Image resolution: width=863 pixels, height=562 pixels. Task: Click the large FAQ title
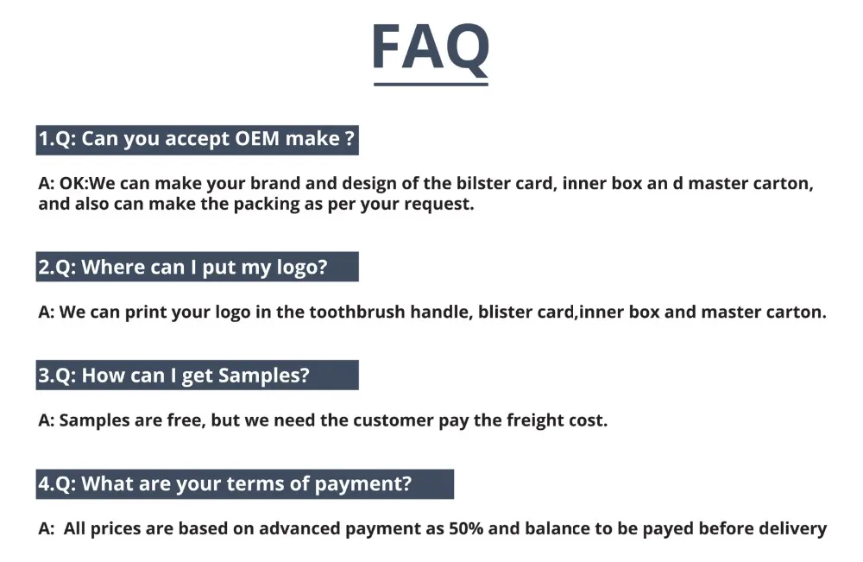431,47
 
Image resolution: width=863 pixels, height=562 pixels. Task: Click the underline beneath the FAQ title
431,85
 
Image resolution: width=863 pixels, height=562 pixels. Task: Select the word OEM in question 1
257,138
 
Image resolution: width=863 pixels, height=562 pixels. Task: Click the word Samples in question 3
263,376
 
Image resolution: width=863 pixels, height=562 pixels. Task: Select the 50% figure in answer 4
466,528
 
